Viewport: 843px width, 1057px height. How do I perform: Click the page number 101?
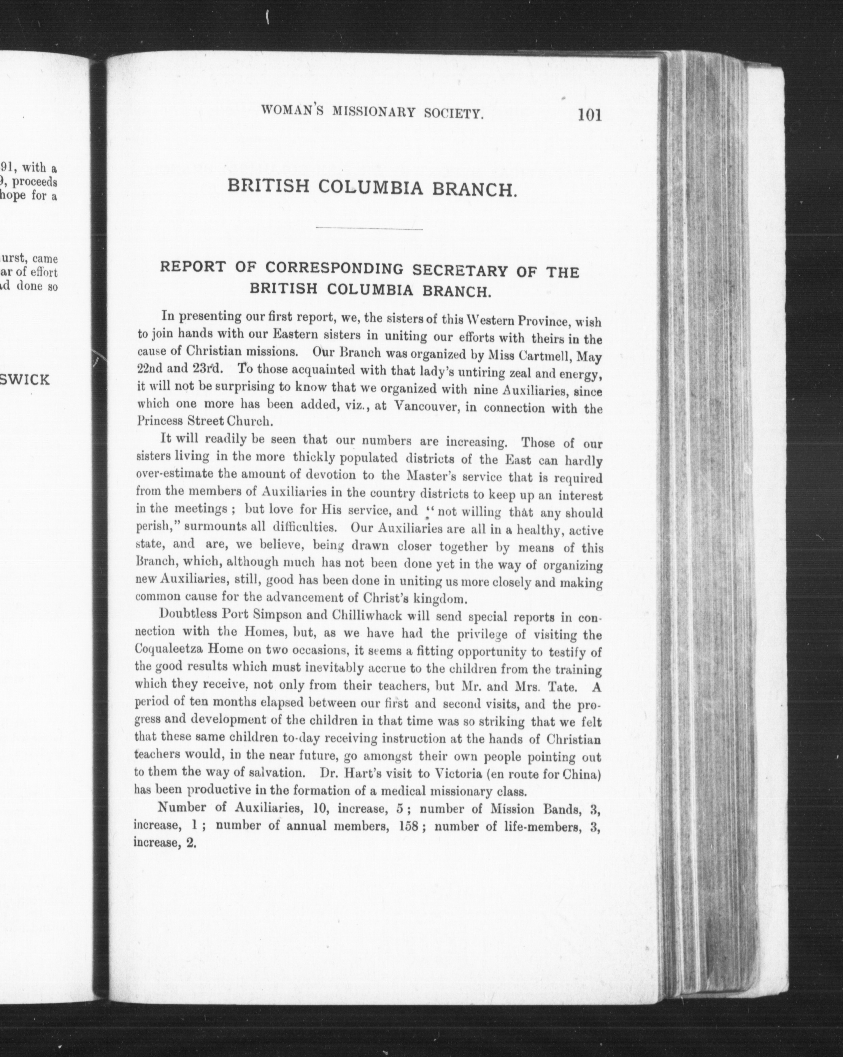click(589, 115)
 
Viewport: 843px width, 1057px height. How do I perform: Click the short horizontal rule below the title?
click(369, 228)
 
